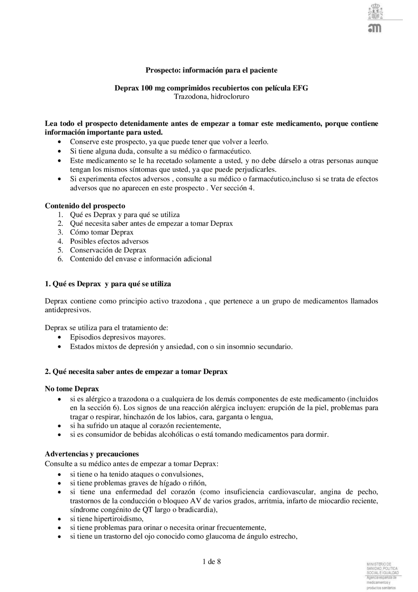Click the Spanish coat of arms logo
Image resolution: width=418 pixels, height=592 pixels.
(x=375, y=11)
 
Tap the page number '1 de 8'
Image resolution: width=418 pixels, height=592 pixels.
(x=212, y=562)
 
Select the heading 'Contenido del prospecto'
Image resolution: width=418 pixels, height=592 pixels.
(x=85, y=206)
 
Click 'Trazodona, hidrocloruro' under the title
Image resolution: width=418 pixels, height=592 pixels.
(x=211, y=97)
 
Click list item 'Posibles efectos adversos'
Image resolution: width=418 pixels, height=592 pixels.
(x=109, y=241)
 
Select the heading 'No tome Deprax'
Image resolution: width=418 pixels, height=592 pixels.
(x=72, y=389)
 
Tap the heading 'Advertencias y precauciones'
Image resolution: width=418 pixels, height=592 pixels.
(x=92, y=454)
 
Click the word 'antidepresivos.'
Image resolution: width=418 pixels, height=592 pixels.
(x=68, y=310)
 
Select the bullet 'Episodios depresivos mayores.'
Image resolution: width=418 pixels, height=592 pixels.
(x=118, y=337)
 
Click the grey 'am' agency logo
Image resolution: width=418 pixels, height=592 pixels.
(x=375, y=28)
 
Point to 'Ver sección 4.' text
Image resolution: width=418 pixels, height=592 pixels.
(x=232, y=188)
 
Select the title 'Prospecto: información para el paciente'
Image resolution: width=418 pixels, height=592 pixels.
(x=211, y=70)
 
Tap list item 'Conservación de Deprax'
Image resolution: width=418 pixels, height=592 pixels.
(x=108, y=250)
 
